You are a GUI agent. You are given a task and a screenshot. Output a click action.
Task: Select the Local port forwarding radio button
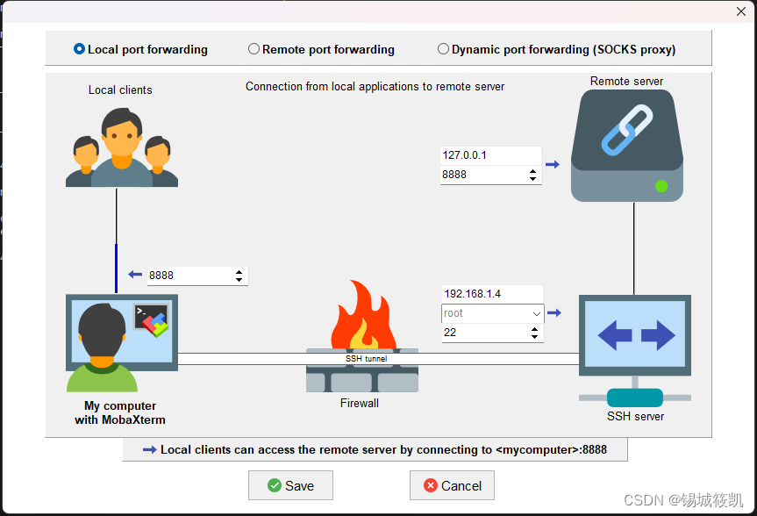(80, 49)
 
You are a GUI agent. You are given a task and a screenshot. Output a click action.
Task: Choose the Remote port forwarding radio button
(254, 49)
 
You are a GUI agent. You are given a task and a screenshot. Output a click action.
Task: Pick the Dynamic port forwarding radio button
(444, 49)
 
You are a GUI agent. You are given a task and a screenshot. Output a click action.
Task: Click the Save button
(290, 485)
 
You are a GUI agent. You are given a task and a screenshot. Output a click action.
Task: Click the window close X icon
(740, 11)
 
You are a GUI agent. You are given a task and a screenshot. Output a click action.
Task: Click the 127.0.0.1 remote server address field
(489, 155)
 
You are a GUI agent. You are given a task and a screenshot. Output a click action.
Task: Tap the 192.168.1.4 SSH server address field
(491, 294)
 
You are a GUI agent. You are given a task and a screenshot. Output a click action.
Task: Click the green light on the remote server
(661, 186)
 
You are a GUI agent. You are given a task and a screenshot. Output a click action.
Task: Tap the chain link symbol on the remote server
(627, 129)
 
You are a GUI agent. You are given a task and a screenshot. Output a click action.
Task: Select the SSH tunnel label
(366, 359)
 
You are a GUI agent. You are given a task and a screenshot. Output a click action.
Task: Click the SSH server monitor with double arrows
(635, 335)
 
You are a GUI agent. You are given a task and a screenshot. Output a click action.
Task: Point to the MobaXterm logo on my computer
(152, 322)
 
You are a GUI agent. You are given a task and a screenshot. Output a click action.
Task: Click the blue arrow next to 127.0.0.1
(552, 164)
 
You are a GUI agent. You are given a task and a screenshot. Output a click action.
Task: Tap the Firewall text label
(360, 404)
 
